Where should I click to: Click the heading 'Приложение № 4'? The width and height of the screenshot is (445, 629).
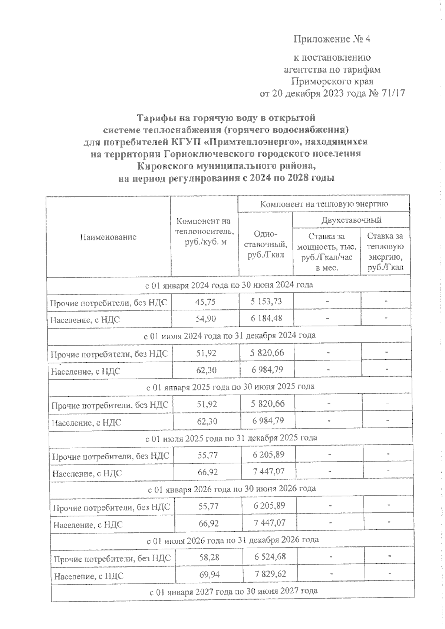[x=332, y=39]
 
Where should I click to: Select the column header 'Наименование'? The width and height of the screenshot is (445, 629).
[x=108, y=237]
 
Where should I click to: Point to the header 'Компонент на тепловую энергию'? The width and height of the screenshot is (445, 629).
[x=324, y=204]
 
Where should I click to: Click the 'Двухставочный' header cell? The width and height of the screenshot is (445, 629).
[x=351, y=220]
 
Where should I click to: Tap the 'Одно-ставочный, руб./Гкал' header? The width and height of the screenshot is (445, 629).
[x=266, y=244]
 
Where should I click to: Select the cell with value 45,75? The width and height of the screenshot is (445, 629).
[x=205, y=302]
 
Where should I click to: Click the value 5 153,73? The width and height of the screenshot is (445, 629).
[x=266, y=302]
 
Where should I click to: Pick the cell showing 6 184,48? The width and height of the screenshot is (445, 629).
[x=266, y=318]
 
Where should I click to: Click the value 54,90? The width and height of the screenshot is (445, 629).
[x=205, y=319]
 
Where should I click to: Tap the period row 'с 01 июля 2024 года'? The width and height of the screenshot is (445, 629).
[x=230, y=335]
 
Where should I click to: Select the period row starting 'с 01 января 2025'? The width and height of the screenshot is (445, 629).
[x=230, y=386]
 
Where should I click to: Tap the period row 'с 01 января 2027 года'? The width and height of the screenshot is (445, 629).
[x=233, y=591]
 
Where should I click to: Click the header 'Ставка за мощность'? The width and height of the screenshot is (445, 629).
[x=326, y=252]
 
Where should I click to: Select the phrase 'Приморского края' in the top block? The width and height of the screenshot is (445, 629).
[x=332, y=81]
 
